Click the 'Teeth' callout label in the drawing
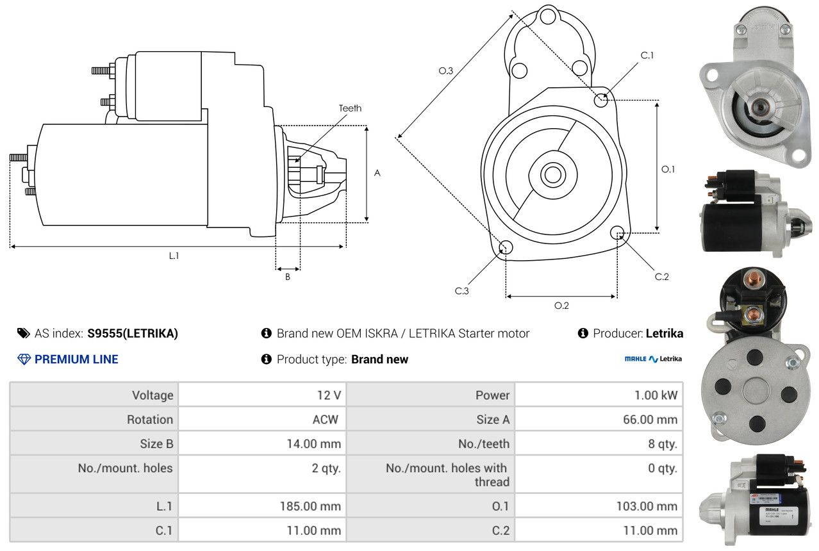coord(350,108)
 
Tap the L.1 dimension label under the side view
coord(174,256)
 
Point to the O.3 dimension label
coord(446,71)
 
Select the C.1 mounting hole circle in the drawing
coord(601,99)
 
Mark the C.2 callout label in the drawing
coord(661,277)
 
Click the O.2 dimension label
coord(561,306)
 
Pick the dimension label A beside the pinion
coord(377,173)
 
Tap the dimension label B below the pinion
coord(288,277)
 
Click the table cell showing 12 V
coord(329,395)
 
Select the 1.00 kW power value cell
coord(656,395)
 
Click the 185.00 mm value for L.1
coord(310,506)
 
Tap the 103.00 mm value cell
coord(647,506)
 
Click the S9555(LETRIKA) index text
coord(133,333)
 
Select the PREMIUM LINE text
coord(76,359)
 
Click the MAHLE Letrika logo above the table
coord(652,359)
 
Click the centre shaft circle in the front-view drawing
coord(551,174)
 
